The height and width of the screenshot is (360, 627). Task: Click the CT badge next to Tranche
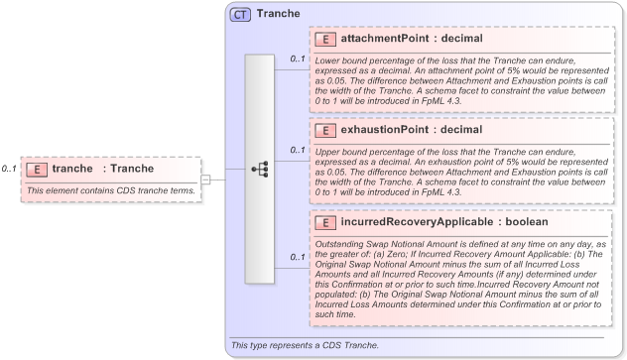[240, 15]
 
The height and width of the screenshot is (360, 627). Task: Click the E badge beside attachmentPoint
[325, 39]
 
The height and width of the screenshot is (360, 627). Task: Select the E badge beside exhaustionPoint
[325, 130]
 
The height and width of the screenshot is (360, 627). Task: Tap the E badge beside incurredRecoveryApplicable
[325, 222]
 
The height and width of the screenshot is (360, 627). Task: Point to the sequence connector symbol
[260, 169]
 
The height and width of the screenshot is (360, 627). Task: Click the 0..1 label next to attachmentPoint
[298, 60]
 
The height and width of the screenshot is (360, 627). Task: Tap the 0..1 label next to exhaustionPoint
[298, 151]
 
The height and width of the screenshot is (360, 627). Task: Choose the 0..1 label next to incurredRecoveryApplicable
[298, 258]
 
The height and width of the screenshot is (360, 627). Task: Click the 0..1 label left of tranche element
[9, 170]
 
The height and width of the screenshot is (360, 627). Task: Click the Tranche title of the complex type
[278, 15]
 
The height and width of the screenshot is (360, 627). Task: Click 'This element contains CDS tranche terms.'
[110, 190]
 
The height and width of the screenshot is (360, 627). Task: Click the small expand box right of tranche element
[205, 180]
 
